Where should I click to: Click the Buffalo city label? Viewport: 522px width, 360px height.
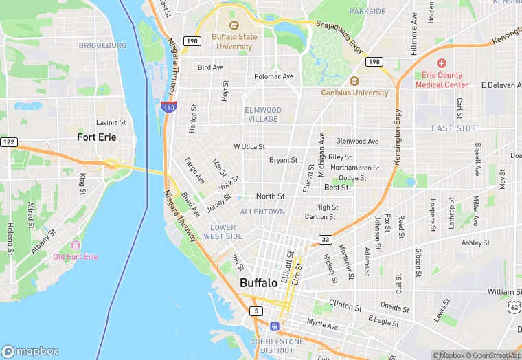coord(258,282)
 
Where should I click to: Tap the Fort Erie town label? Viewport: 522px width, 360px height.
coord(96,137)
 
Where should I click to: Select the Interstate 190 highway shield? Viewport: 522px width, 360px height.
coord(169,106)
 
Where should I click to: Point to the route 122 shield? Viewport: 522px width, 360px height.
coord(8,142)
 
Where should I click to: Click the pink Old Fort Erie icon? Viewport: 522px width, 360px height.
coord(75,245)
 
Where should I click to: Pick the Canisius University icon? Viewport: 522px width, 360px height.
coord(354,82)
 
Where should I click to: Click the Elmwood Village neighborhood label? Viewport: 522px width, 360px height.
coord(262,114)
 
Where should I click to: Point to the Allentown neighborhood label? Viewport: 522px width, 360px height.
coord(262,212)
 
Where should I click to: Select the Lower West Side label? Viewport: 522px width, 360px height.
coord(223,232)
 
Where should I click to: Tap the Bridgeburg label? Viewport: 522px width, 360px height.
coord(103,45)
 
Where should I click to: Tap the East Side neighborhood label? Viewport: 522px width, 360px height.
coord(454,128)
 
